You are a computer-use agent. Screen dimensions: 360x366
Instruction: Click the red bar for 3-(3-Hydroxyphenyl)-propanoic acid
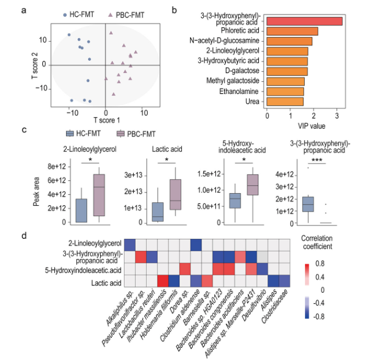point(303,21)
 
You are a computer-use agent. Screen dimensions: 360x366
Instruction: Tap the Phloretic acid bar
point(292,31)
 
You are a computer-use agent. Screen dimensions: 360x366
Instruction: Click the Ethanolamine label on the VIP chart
point(242,91)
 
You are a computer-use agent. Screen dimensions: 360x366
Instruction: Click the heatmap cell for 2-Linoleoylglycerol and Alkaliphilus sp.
point(130,245)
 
